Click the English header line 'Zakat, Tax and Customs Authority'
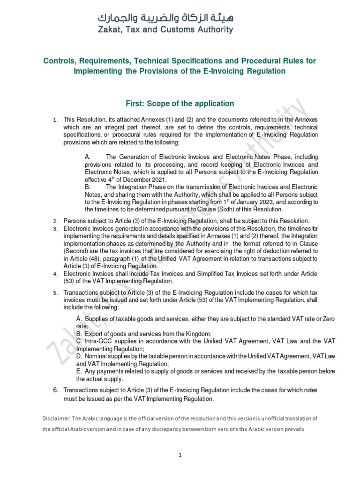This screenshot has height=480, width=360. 165,30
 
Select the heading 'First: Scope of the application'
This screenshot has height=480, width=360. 180,103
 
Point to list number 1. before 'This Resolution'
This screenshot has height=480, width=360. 55,121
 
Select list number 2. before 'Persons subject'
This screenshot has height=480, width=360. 55,221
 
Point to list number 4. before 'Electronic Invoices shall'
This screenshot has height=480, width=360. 55,274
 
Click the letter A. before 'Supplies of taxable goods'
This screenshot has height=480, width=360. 79,319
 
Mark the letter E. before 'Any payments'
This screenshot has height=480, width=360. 79,372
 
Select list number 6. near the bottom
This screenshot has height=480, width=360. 55,390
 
